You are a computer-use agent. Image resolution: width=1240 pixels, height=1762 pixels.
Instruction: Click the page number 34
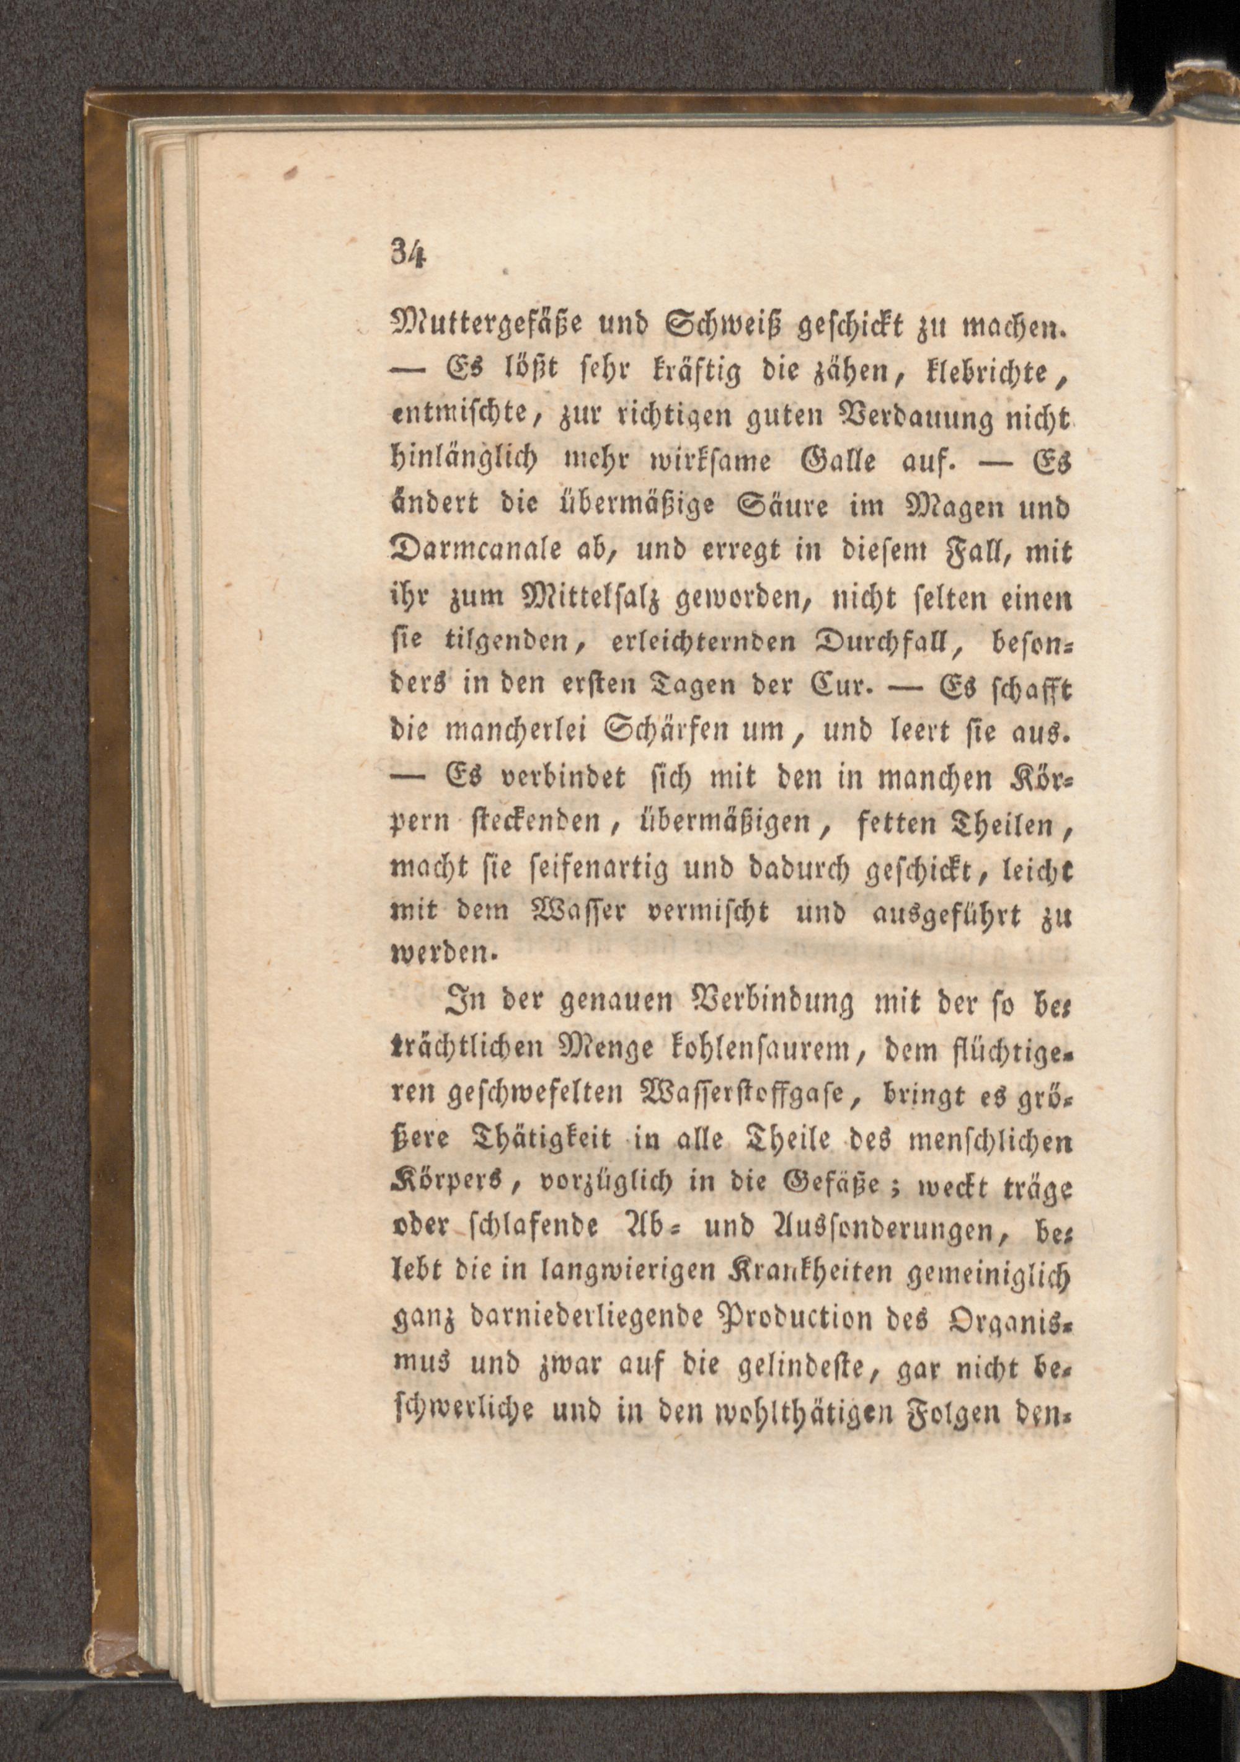(x=407, y=251)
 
